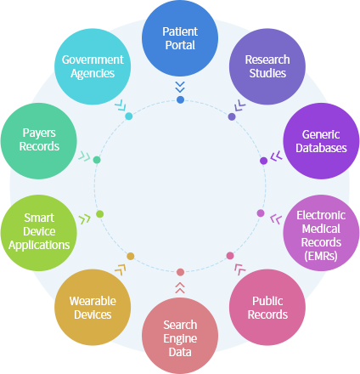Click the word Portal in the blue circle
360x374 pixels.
pyautogui.click(x=180, y=45)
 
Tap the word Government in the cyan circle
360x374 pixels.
pyautogui.click(x=93, y=59)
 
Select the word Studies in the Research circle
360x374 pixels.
pyautogui.click(x=267, y=73)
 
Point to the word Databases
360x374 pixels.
pyautogui.click(x=321, y=148)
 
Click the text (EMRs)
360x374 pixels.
pyautogui.click(x=321, y=256)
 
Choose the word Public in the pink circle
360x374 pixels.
pyautogui.click(x=267, y=301)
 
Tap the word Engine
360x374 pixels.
pyautogui.click(x=180, y=339)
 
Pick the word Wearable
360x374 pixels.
pyautogui.click(x=93, y=301)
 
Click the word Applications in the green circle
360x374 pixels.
pyautogui.click(x=39, y=245)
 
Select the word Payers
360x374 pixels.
pyautogui.click(x=39, y=133)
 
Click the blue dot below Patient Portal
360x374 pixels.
pyautogui.click(x=180, y=99)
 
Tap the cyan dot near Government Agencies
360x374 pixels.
pyautogui.click(x=129, y=116)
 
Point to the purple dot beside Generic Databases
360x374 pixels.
pyautogui.click(x=263, y=161)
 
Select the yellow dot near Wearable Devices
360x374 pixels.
pyautogui.click(x=131, y=257)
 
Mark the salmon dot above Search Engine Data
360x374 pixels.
pyautogui.click(x=180, y=272)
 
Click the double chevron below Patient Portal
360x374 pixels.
pyautogui.click(x=180, y=87)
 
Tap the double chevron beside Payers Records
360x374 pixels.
pyautogui.click(x=84, y=156)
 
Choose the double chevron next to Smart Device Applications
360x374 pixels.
pyautogui.click(x=85, y=219)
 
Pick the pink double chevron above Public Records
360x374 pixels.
pyautogui.click(x=239, y=269)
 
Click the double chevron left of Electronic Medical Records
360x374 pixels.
pyautogui.click(x=276, y=219)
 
